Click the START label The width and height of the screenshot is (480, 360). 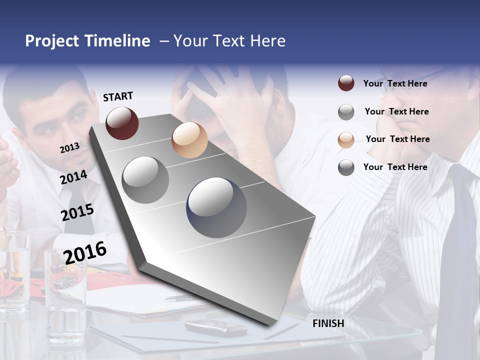pos(118,96)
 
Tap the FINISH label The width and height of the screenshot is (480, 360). pos(328,323)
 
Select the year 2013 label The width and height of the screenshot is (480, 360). pos(70,148)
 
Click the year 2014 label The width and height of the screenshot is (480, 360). pos(73,177)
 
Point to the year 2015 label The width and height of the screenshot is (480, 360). pos(77,212)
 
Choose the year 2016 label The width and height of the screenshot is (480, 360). pos(85,252)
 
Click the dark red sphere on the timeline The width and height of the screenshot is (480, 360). pos(122,123)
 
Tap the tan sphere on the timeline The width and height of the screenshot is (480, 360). pos(189,140)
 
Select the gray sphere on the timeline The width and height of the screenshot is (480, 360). pos(145,180)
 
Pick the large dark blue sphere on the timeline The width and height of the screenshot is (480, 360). pos(216,207)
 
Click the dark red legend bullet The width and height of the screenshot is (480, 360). pos(346,83)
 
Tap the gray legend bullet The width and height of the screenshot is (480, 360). pos(346,112)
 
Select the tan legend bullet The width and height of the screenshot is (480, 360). pos(346,139)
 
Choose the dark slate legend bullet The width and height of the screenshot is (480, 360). pos(346,167)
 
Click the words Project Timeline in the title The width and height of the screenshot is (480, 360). pos(87,41)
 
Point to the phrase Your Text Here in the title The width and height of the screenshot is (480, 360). pos(229,41)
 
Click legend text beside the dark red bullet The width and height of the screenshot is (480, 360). pos(395,84)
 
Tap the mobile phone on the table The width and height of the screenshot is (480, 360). pos(215,328)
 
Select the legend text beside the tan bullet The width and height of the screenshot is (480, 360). pos(397,139)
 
